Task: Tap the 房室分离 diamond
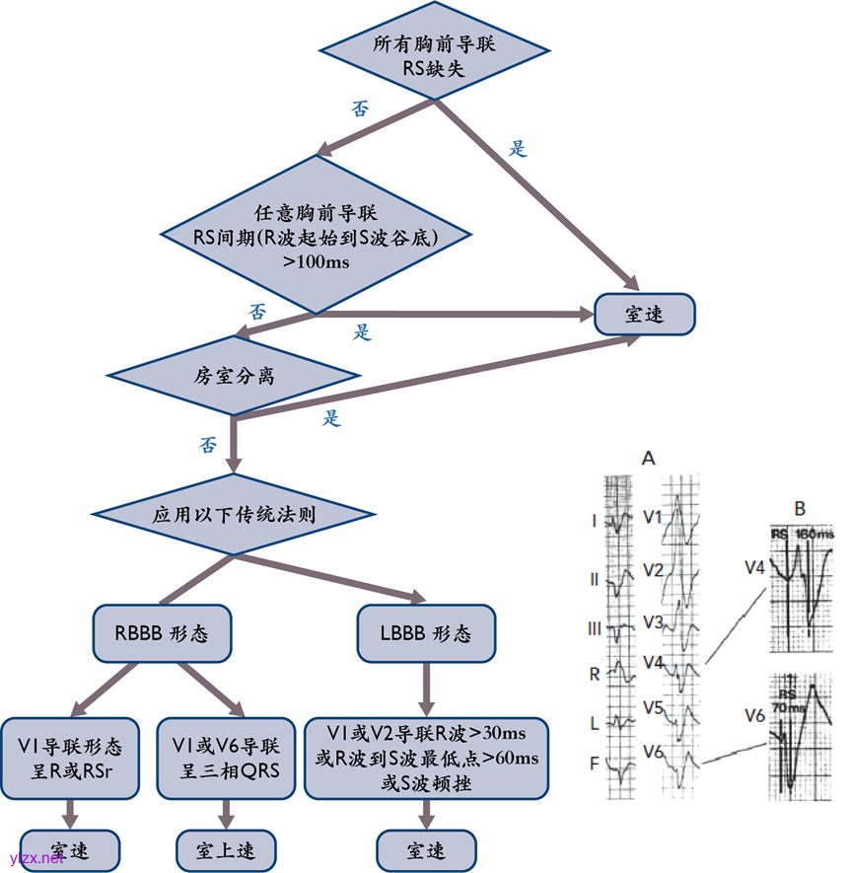coord(235,376)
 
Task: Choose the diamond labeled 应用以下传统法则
coord(235,515)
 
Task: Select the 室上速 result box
coord(226,849)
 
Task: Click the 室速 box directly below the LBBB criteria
coord(426,849)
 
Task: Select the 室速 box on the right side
coord(645,315)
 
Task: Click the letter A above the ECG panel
coord(648,458)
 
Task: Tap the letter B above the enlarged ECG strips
coord(800,509)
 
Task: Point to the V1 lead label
coord(653,516)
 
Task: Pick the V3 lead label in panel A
coord(653,622)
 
